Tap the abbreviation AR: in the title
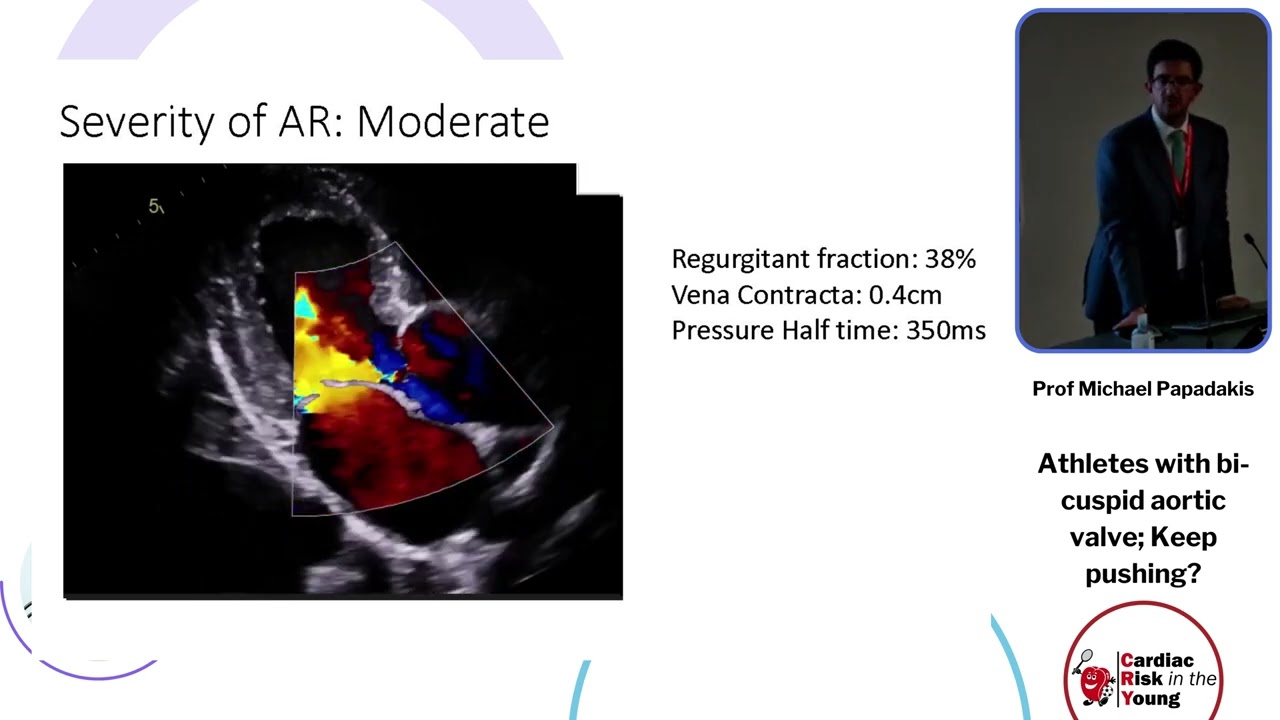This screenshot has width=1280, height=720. tap(311, 122)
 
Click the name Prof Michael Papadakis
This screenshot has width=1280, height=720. tap(1142, 389)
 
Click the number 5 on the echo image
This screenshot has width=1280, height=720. tap(154, 206)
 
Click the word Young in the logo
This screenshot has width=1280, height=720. tap(1150, 698)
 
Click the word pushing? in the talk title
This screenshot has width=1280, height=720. tap(1142, 573)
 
